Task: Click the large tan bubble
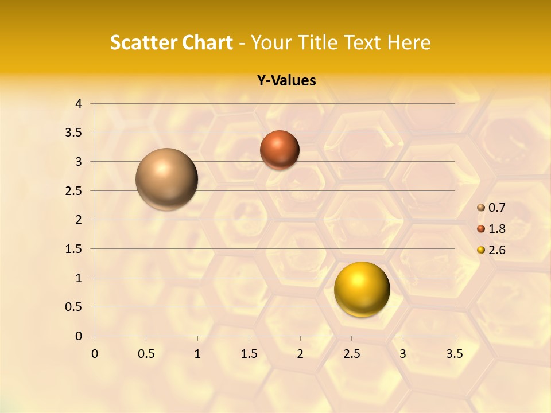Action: coord(166,179)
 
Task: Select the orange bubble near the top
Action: coord(280,150)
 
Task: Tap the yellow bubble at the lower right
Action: coord(362,289)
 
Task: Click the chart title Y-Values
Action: coord(286,81)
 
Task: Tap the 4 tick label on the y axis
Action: coord(79,104)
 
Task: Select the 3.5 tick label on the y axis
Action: coord(75,133)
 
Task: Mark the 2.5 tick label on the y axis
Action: coord(75,191)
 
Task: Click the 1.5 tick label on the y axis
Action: coord(75,249)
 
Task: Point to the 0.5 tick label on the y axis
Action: coord(75,307)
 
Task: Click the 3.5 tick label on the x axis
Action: coord(454,354)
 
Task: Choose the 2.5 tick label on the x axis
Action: coord(351,354)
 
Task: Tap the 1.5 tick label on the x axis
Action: coord(249,354)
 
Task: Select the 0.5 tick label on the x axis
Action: coord(146,354)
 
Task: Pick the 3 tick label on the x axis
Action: coord(403,354)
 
